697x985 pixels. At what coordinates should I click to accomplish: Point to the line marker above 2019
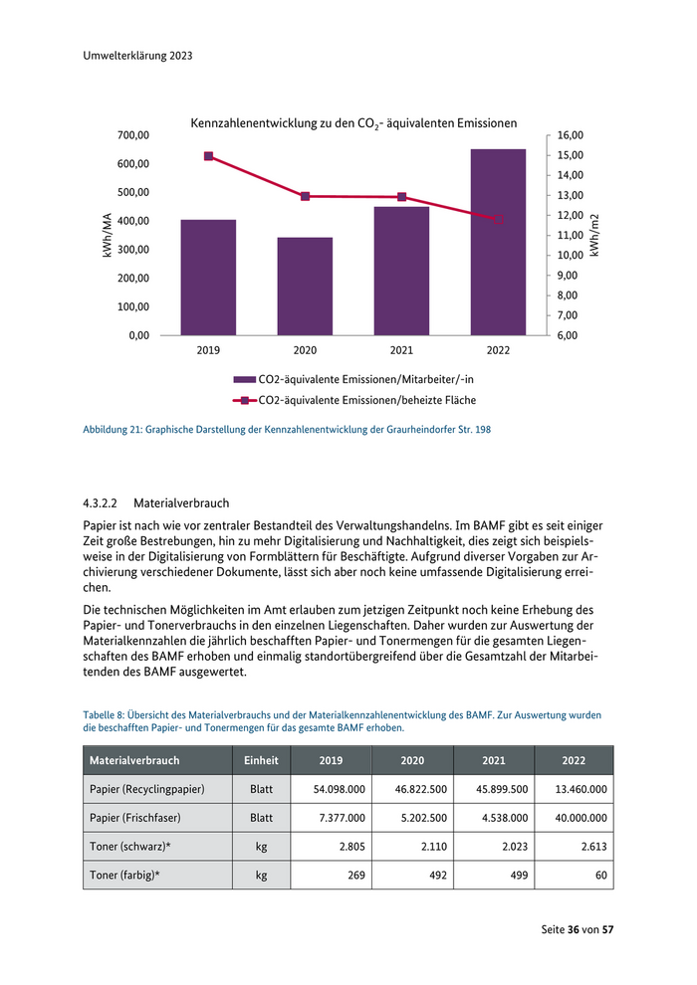(x=208, y=156)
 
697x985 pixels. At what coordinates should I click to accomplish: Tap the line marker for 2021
(x=401, y=197)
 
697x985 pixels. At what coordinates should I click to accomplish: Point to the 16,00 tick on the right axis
(x=570, y=134)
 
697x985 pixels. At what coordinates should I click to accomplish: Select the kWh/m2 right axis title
(x=594, y=236)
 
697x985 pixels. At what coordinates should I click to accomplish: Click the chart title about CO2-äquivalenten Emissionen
(x=353, y=123)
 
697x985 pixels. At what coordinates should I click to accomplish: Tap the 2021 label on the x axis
(x=401, y=350)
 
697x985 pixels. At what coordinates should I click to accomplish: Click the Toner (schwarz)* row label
(x=124, y=848)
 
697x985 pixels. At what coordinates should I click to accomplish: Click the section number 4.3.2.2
(x=101, y=503)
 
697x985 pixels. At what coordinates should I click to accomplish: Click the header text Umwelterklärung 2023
(x=137, y=57)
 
